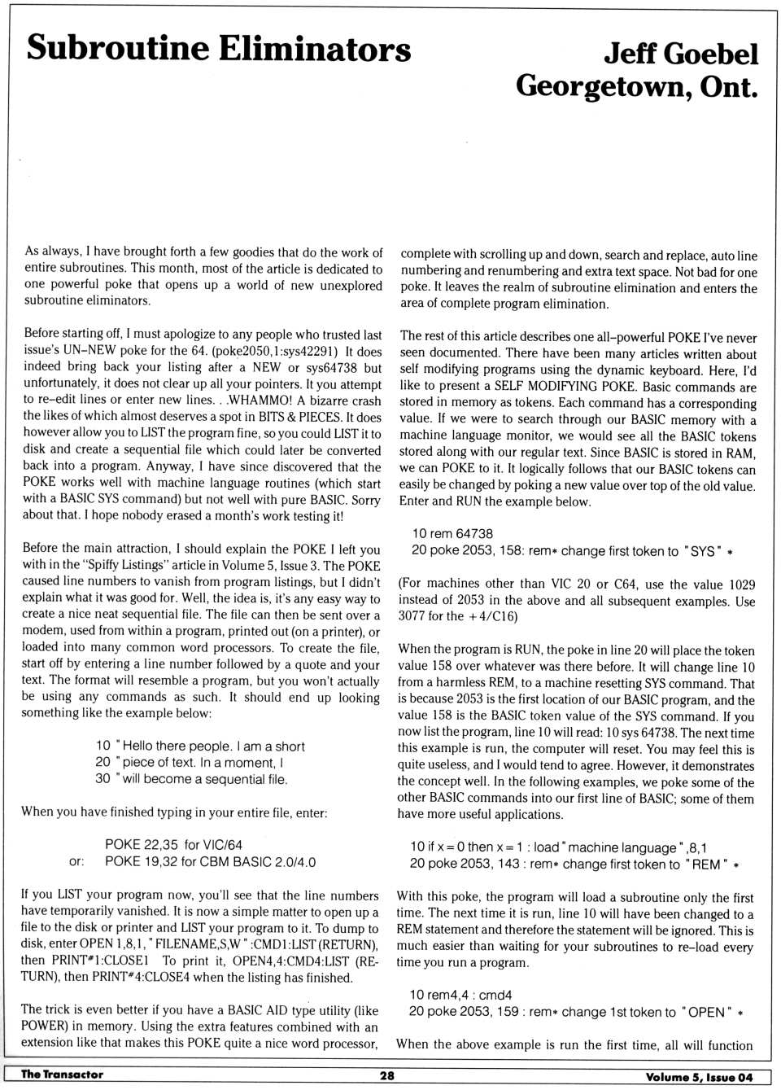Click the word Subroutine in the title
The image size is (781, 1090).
tap(116, 48)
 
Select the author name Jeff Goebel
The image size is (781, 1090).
tap(680, 54)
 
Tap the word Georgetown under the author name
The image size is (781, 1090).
tap(601, 86)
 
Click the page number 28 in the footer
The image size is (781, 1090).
tap(387, 1075)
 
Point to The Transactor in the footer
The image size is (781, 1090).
tap(62, 1075)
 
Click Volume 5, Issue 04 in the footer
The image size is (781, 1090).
tap(699, 1076)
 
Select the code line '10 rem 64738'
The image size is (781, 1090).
tap(452, 534)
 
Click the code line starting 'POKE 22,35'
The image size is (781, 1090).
tap(173, 845)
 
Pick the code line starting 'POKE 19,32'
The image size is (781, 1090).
tap(210, 862)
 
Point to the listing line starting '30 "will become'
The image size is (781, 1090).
tap(191, 779)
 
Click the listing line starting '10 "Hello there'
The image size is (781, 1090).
tap(200, 746)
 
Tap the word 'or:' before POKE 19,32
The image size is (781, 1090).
tap(76, 862)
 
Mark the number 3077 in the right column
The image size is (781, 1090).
tap(414, 616)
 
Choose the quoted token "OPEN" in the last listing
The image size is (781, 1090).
tap(705, 1012)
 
